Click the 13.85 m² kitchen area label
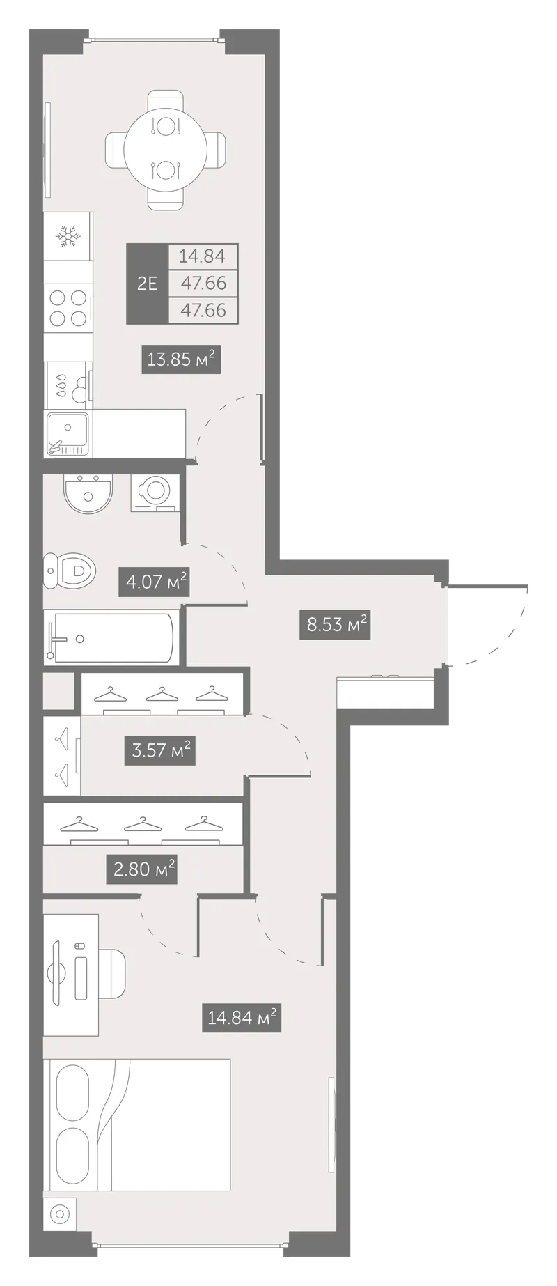(181, 359)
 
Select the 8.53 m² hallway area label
(338, 624)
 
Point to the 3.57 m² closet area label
(160, 750)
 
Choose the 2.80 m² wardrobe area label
(141, 869)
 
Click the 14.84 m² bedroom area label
(242, 1018)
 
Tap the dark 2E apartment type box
(147, 284)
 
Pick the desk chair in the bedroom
(111, 974)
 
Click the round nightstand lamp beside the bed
(60, 1234)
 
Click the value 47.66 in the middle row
(203, 283)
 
